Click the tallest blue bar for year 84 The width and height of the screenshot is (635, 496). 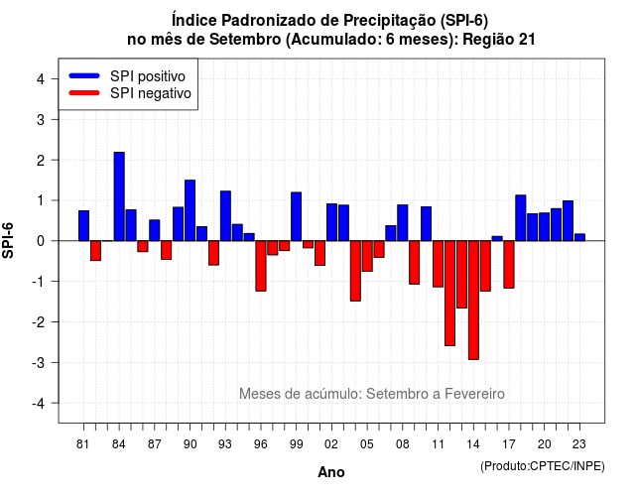click(x=119, y=196)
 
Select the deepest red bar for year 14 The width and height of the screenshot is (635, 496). click(x=473, y=300)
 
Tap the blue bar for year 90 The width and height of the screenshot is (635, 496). click(x=190, y=210)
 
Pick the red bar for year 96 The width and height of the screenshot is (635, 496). click(x=261, y=266)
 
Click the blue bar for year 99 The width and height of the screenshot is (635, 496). click(x=296, y=216)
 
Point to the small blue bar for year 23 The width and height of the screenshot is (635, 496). click(x=579, y=237)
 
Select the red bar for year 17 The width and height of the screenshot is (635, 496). click(x=509, y=265)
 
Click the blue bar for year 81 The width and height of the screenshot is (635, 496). click(x=83, y=225)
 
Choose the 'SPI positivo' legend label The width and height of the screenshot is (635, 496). click(x=148, y=76)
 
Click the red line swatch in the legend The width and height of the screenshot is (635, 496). click(x=84, y=93)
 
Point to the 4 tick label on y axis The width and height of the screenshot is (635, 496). click(x=41, y=78)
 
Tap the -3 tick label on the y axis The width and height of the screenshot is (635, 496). click(x=39, y=362)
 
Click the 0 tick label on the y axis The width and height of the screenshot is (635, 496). click(x=41, y=241)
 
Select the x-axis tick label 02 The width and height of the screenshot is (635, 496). click(x=331, y=444)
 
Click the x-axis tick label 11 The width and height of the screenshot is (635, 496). click(x=438, y=444)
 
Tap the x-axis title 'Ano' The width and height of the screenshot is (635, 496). click(x=331, y=472)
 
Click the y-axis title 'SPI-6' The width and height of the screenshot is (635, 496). click(x=8, y=240)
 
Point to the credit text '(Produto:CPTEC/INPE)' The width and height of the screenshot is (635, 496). click(x=543, y=466)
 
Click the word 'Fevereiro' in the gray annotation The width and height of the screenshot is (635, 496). click(x=474, y=394)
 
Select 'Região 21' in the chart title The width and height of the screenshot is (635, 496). click(x=499, y=40)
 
